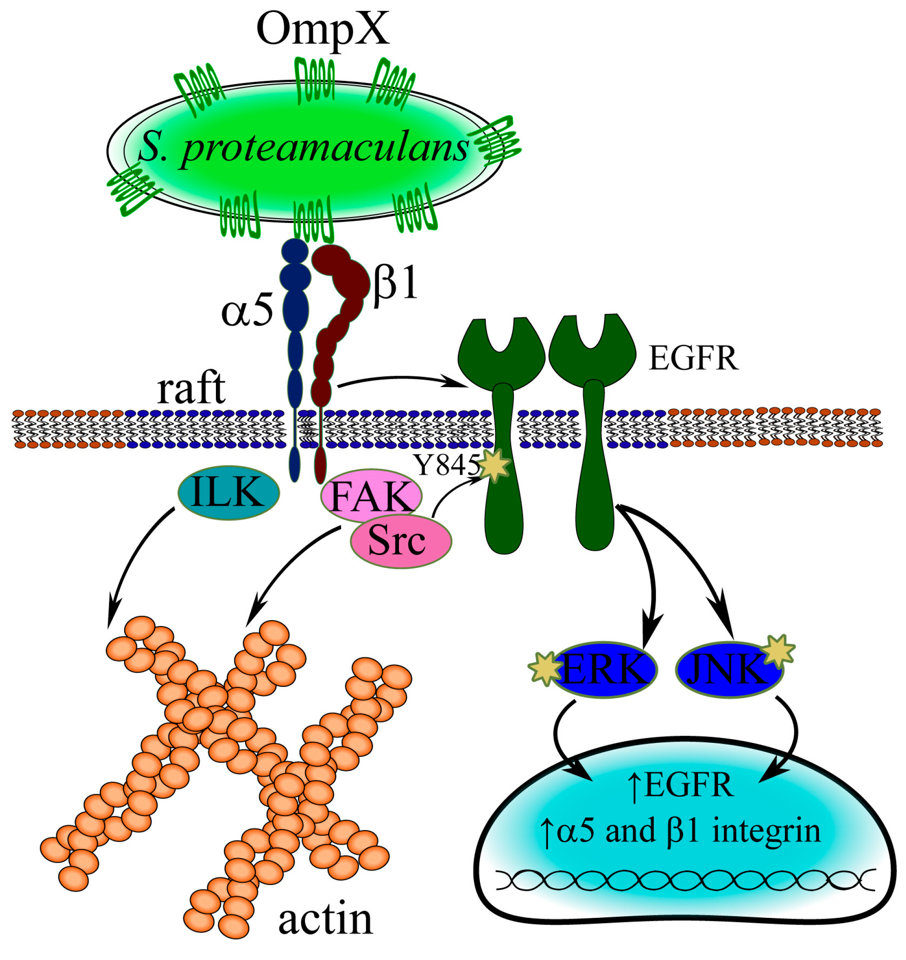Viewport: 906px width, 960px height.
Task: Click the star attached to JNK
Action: (x=779, y=651)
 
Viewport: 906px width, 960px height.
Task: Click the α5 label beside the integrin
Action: (x=247, y=313)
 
